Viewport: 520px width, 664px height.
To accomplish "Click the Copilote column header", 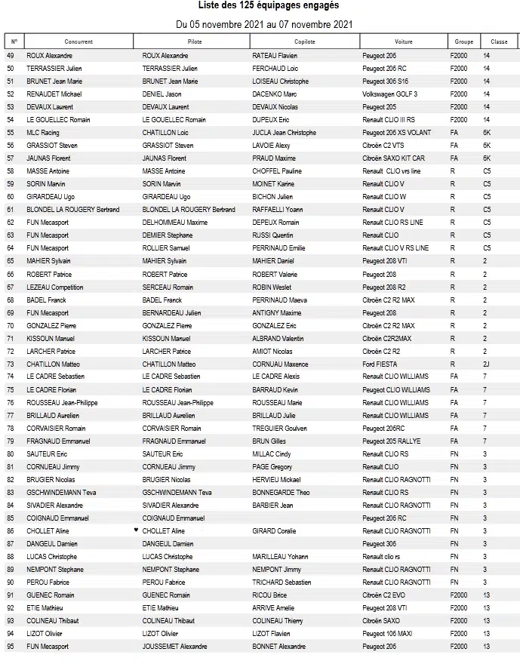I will [x=305, y=41].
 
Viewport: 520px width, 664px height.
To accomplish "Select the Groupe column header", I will [x=463, y=41].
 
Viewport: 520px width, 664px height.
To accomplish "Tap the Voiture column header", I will [x=403, y=41].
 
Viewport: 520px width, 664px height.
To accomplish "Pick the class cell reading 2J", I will [x=486, y=364].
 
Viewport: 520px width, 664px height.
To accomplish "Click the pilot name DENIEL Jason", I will [x=162, y=94].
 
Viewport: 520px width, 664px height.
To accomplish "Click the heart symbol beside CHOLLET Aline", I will [x=136, y=530].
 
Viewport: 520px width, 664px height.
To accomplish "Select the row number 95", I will [x=11, y=646].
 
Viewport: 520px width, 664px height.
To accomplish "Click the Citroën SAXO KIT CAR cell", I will [x=393, y=158].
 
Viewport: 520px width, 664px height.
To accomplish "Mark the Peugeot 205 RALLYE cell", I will [x=392, y=441].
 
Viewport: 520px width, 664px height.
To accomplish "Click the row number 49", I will [x=11, y=56].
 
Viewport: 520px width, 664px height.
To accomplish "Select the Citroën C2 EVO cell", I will [x=384, y=595].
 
